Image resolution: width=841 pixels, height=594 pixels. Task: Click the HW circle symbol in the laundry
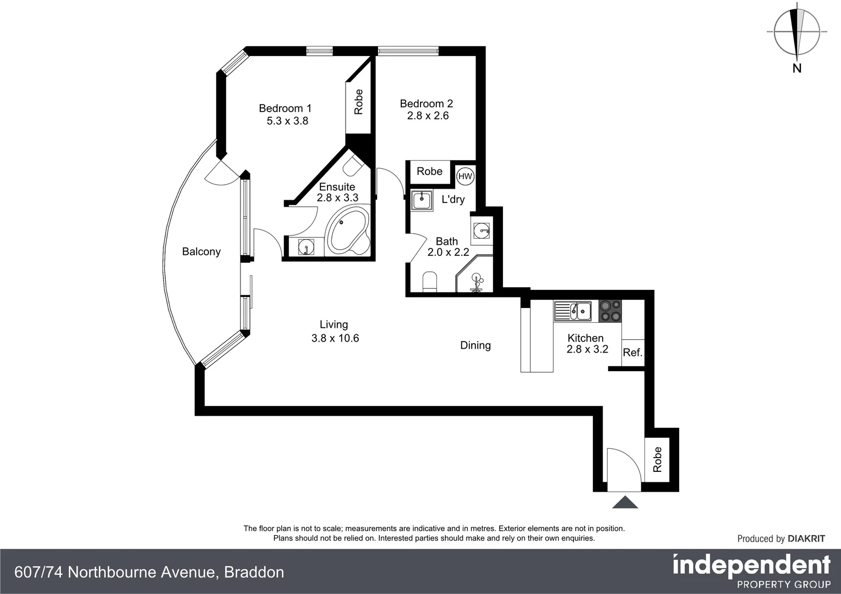[465, 177]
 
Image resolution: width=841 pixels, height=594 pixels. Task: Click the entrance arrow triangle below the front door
[625, 502]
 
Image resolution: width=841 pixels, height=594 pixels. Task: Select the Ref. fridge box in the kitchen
[633, 353]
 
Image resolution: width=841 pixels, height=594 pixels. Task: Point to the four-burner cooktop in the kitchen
[610, 311]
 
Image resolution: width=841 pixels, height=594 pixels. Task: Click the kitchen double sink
[572, 311]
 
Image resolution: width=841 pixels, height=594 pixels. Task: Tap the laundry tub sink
[422, 200]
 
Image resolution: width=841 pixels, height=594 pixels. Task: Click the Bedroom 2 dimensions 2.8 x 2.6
[428, 116]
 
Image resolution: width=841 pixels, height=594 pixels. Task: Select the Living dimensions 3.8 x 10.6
[335, 338]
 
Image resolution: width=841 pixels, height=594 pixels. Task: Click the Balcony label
[201, 251]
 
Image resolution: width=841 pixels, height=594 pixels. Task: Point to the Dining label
[476, 345]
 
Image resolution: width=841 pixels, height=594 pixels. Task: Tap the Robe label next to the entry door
[657, 459]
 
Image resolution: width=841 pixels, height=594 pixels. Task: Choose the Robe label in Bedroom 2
[429, 171]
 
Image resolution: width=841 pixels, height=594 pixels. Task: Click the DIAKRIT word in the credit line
[806, 538]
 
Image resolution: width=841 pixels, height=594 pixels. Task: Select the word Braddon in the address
[254, 572]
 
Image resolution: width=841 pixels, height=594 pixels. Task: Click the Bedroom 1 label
[285, 108]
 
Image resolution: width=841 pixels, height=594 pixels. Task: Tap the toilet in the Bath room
[430, 282]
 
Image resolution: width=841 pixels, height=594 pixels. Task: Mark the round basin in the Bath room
[482, 230]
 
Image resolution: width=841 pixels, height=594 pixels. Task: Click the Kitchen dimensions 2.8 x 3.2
[587, 349]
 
